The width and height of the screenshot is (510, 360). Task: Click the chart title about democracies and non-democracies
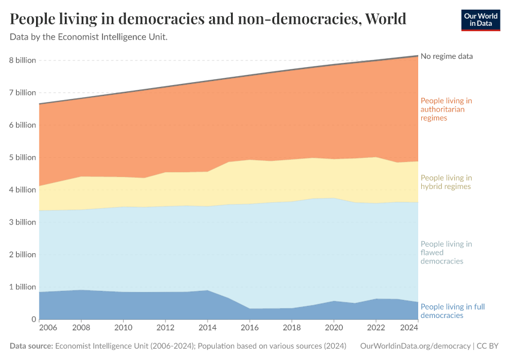click(208, 19)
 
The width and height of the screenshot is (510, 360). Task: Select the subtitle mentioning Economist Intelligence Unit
click(89, 37)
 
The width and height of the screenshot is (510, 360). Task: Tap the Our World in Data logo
click(480, 20)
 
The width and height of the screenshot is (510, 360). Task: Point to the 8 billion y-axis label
click(23, 61)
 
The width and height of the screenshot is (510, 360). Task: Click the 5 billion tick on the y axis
click(23, 158)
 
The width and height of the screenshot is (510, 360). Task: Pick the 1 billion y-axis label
click(23, 287)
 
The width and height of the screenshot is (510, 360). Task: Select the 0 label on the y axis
click(33, 319)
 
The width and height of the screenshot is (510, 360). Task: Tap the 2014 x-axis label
click(208, 329)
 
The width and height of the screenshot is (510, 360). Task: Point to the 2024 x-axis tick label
click(409, 329)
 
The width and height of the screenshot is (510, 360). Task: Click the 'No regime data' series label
click(446, 56)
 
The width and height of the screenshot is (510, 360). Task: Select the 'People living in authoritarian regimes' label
click(446, 109)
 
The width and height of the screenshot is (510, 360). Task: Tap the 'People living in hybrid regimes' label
click(446, 182)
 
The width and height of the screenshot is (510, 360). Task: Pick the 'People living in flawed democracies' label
click(446, 253)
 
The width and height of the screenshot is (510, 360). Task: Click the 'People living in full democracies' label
click(452, 311)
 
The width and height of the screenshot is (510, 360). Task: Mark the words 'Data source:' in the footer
click(31, 346)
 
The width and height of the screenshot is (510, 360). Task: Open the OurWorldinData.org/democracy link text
click(415, 346)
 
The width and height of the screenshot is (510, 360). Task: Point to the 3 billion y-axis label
click(23, 222)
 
